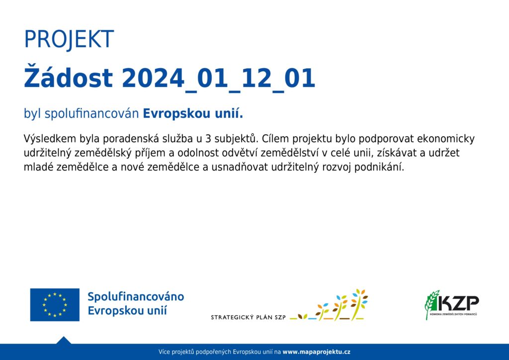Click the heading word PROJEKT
click(x=69, y=39)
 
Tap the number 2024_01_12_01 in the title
click(x=219, y=79)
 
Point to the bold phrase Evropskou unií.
click(x=193, y=113)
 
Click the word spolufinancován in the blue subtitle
click(x=91, y=114)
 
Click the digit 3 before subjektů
click(x=208, y=139)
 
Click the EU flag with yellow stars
click(x=55, y=304)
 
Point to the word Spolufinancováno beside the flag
click(x=136, y=297)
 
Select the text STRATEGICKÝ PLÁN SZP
click(x=249, y=317)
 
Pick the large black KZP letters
click(x=458, y=303)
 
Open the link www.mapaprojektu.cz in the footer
click(x=316, y=352)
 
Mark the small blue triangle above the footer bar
click(x=64, y=340)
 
